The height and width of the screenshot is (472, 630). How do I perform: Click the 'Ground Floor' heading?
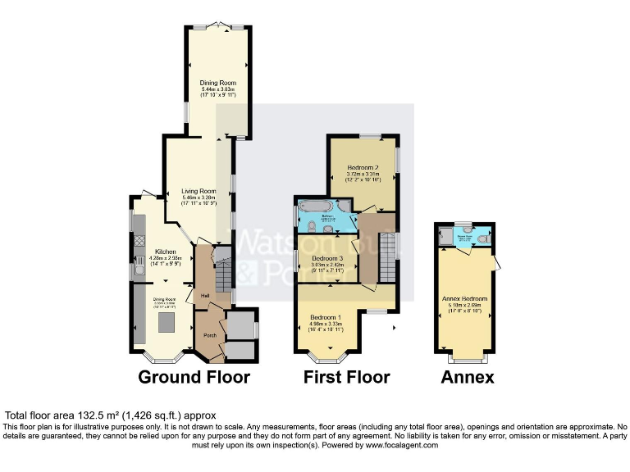tap(194, 377)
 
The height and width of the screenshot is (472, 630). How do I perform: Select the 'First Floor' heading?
tap(346, 377)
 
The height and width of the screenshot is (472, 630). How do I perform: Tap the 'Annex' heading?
tap(468, 377)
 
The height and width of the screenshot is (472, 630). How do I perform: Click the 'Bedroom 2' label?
tap(362, 166)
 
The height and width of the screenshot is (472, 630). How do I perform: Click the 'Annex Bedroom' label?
tap(464, 299)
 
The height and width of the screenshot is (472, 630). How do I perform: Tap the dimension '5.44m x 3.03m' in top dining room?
tap(218, 89)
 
